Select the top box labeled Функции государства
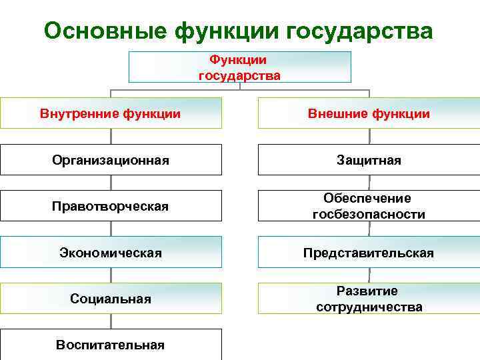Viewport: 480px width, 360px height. click(239, 67)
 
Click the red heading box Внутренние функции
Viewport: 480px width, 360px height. click(111, 113)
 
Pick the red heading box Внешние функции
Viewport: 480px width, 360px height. click(369, 113)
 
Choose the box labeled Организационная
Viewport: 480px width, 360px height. click(111, 160)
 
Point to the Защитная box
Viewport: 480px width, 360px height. click(369, 160)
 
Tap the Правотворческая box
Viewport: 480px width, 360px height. click(111, 206)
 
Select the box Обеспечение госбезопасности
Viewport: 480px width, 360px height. click(369, 206)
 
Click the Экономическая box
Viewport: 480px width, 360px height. click(111, 253)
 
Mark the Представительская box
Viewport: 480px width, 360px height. click(369, 253)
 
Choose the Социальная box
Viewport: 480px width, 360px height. click(111, 299)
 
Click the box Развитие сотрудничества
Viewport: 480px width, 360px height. click(369, 299)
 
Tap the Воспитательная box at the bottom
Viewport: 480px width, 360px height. click(111, 345)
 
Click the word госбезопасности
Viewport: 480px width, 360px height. click(369, 214)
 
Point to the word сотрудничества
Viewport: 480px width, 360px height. click(369, 307)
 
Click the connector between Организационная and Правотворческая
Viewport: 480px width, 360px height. click(111, 183)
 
